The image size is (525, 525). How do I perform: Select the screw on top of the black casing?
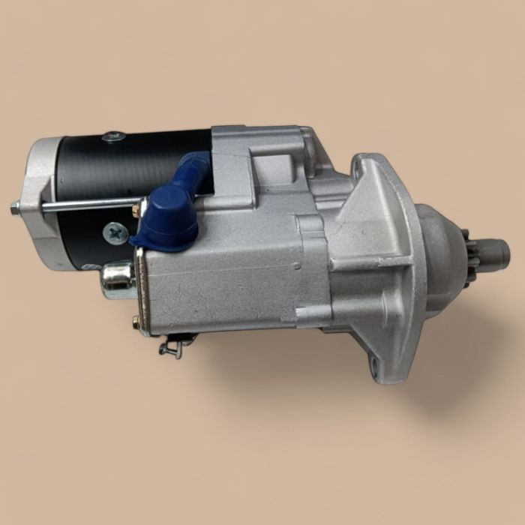(x=114, y=137)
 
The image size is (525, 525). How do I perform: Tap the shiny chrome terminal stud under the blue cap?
(x=118, y=280)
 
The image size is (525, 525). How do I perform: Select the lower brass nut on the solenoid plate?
(x=136, y=322)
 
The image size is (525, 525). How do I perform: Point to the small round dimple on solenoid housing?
(x=297, y=265)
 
